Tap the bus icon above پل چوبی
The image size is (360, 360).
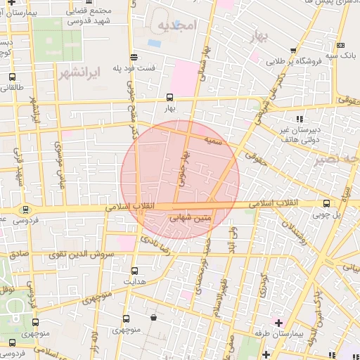click(x=325, y=203)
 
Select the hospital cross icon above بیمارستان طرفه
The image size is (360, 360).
click(x=278, y=322)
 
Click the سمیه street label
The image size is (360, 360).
click(x=214, y=141)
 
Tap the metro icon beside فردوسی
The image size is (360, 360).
click(x=26, y=209)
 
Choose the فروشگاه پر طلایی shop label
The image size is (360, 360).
click(x=294, y=61)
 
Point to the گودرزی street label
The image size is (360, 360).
click(x=262, y=282)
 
